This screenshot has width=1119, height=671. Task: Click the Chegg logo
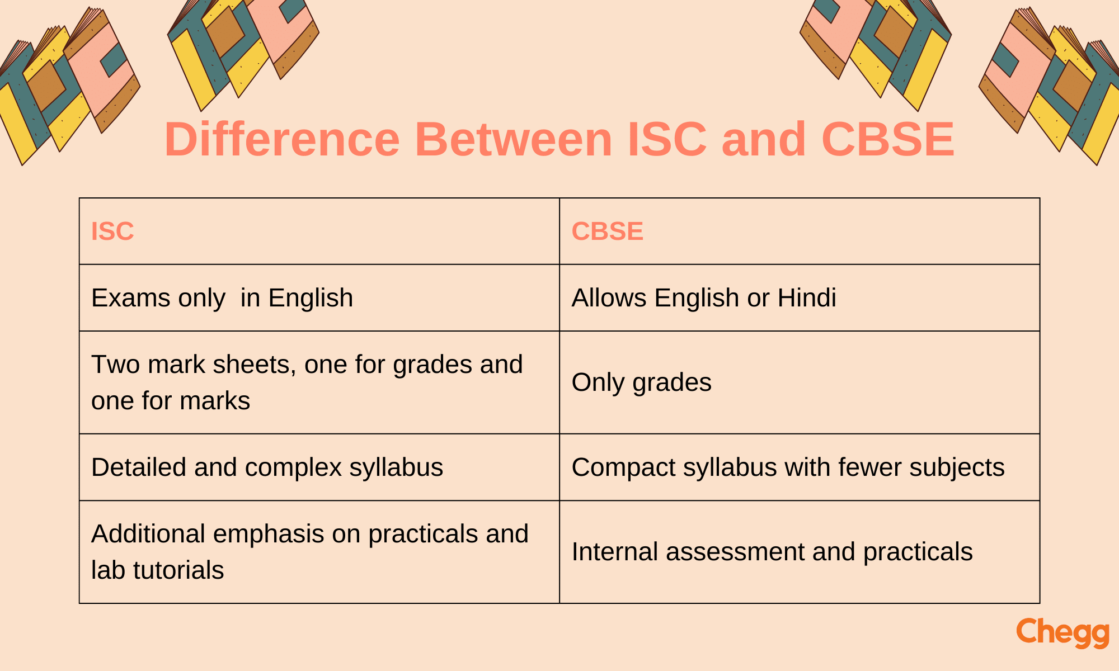pyautogui.click(x=1062, y=633)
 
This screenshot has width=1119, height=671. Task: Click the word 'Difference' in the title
pyautogui.click(x=282, y=139)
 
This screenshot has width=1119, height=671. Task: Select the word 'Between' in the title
pyautogui.click(x=514, y=139)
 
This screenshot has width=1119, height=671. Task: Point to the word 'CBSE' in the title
pyautogui.click(x=888, y=139)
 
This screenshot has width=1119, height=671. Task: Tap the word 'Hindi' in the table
pyautogui.click(x=807, y=297)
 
